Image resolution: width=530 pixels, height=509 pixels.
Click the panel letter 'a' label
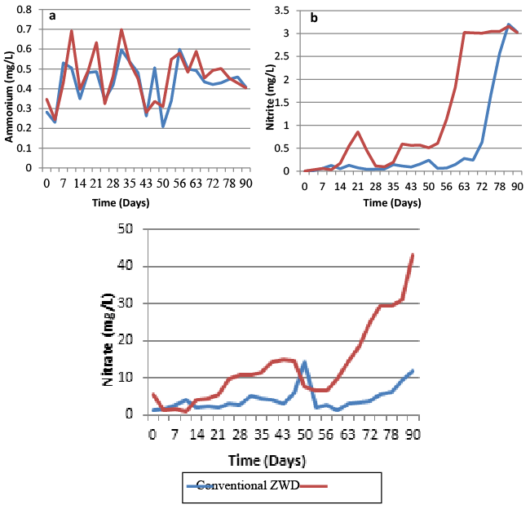52,16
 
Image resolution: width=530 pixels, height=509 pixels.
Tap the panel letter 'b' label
311,16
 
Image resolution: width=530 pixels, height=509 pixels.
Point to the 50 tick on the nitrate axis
126,228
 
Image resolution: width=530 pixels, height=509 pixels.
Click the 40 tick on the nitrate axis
126,266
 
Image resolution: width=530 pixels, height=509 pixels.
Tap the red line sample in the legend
319,486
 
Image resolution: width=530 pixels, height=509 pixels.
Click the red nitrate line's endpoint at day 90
413,254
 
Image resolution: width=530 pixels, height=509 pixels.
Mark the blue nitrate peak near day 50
304,361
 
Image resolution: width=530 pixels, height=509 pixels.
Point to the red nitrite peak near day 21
357,131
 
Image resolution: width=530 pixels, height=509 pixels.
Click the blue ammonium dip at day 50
163,126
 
